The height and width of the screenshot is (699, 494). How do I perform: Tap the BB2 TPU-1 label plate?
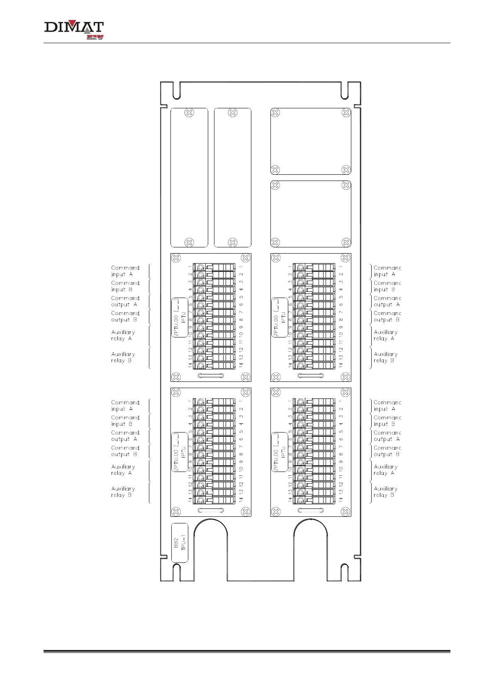[x=180, y=543]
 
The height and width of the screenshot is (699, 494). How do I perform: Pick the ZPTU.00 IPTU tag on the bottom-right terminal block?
[x=280, y=452]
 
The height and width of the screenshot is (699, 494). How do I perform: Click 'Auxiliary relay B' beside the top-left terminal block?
[x=123, y=357]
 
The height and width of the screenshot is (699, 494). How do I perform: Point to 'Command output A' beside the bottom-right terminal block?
[x=387, y=436]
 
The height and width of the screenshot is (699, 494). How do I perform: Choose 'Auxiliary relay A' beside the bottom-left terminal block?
[x=123, y=470]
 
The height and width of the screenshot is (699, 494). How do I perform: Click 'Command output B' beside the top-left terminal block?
[x=125, y=317]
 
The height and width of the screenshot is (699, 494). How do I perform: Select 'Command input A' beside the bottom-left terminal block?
[x=125, y=406]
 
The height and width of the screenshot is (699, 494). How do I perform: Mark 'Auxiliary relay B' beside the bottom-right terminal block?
[x=385, y=492]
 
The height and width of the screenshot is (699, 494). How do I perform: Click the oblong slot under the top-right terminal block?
[x=311, y=376]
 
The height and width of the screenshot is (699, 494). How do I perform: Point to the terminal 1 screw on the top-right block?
[x=301, y=267]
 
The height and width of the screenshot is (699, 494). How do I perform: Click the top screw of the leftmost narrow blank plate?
[x=189, y=112]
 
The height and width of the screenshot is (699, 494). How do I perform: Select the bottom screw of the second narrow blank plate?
[x=233, y=242]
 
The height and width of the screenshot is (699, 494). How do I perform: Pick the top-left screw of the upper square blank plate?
[x=275, y=112]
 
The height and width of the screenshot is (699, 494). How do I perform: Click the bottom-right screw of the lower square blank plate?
[x=346, y=242]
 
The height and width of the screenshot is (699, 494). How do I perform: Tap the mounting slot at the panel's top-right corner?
[x=344, y=89]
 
